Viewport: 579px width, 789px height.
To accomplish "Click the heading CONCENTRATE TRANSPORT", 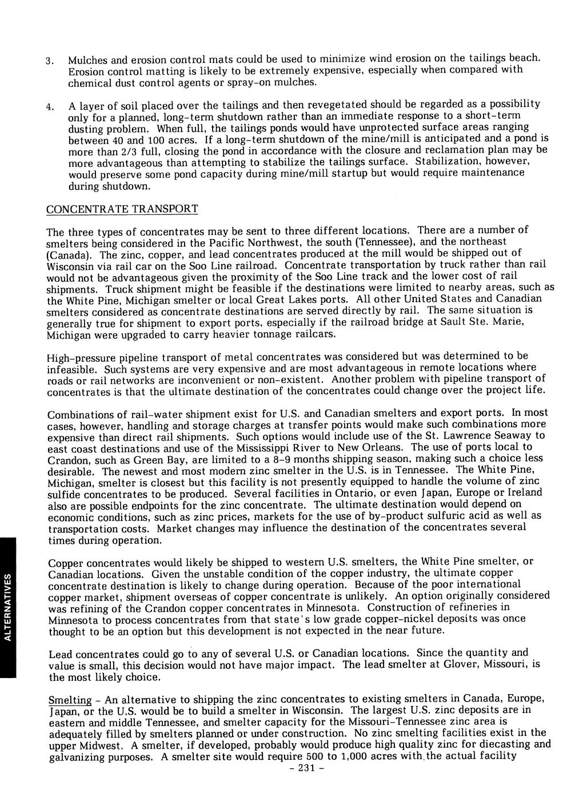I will pos(122,209).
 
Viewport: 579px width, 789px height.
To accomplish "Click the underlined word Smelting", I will pos(70,700).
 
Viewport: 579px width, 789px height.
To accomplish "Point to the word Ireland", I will pos(522,493).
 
